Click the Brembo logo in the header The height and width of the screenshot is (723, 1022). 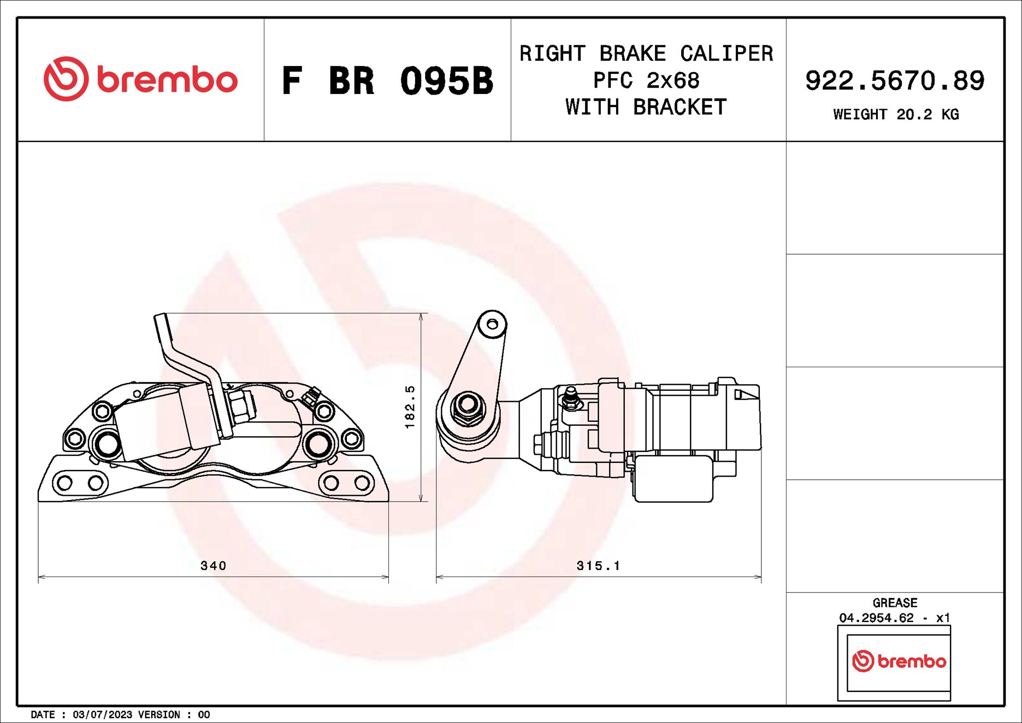click(140, 79)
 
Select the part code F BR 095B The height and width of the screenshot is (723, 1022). click(387, 81)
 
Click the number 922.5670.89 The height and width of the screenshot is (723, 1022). click(894, 81)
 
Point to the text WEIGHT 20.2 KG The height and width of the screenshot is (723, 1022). click(895, 114)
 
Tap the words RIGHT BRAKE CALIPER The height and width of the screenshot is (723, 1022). click(646, 54)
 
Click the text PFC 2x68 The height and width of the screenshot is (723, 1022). click(646, 80)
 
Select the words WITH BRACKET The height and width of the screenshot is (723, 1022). click(646, 107)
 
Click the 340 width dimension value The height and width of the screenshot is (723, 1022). click(213, 566)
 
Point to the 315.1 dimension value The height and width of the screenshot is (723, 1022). click(598, 566)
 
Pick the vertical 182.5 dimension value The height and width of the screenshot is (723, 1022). click(410, 407)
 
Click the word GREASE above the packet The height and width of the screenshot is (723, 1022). click(894, 603)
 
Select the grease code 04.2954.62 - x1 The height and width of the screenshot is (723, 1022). click(894, 618)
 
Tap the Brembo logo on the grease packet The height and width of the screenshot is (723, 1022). click(899, 661)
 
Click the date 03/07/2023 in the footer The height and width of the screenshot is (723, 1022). click(102, 715)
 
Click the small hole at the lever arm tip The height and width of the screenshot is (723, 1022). click(492, 325)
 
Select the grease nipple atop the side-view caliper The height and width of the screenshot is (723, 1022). click(570, 397)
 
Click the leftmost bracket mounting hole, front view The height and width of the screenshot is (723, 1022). click(64, 483)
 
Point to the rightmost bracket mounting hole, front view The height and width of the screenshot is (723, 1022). click(362, 483)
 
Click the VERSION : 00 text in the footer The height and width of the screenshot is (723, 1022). click(174, 715)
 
